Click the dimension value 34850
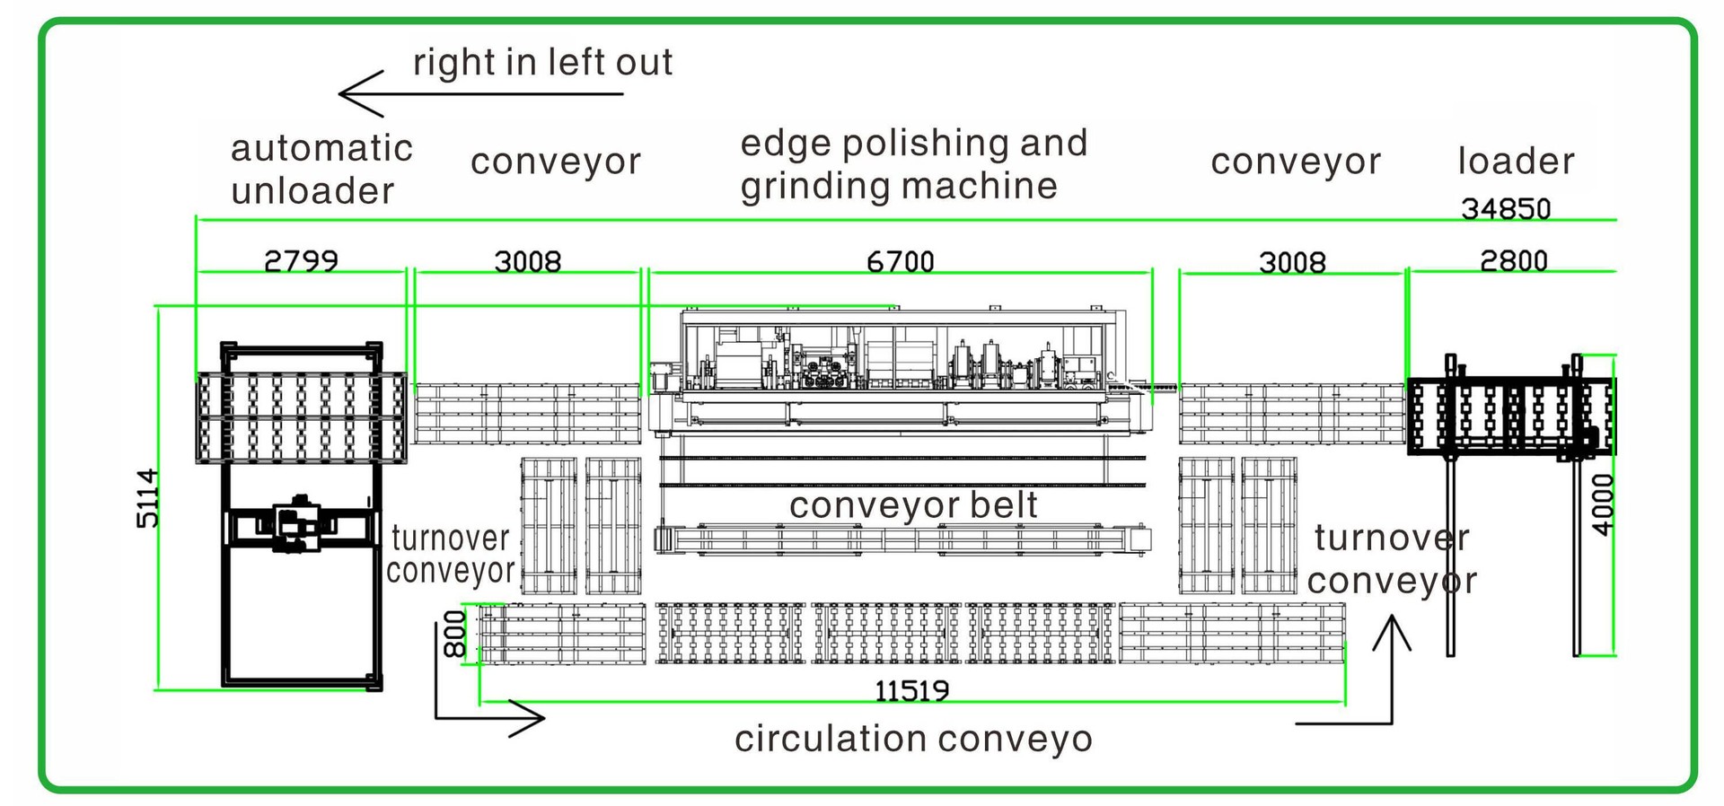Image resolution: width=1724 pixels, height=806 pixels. click(x=1506, y=208)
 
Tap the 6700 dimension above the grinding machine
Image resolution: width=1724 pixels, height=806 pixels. click(x=900, y=261)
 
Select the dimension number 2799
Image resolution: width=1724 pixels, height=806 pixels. click(x=301, y=260)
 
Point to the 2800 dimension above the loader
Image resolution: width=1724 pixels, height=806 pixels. click(x=1514, y=260)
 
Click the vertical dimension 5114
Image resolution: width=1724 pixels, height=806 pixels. click(x=147, y=498)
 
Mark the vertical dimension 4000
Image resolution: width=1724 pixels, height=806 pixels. click(x=1603, y=504)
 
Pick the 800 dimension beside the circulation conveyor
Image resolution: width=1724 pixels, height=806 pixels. click(x=455, y=634)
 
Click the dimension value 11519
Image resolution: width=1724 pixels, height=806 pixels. click(x=911, y=690)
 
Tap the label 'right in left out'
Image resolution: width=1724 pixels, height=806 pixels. click(x=542, y=62)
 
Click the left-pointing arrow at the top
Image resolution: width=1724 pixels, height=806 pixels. click(x=480, y=93)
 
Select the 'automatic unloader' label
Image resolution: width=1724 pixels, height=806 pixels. click(x=321, y=169)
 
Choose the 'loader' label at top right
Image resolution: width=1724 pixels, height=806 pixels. click(x=1516, y=161)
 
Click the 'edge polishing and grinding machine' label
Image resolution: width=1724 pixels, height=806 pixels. click(x=913, y=164)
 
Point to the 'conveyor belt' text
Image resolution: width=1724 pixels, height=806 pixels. click(x=913, y=504)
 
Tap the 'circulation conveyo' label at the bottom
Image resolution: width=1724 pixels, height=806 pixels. click(x=913, y=739)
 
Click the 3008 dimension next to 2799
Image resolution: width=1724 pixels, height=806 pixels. click(x=527, y=261)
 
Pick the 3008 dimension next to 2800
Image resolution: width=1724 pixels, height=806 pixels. click(x=1292, y=262)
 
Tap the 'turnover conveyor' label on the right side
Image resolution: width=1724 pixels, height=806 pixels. click(x=1392, y=558)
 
